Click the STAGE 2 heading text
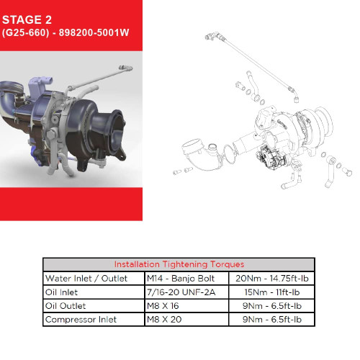coord(27,19)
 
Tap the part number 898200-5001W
coord(94,32)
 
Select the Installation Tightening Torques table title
coord(179,264)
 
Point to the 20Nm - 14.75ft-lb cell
coord(272,279)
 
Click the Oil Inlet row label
coord(61,292)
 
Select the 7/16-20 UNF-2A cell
coord(181,292)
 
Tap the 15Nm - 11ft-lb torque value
coord(272,292)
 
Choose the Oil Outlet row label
coord(66,306)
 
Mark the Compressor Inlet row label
coord(81,320)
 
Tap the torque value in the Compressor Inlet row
coord(272,320)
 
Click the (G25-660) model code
coord(26,32)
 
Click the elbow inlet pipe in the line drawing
coord(202,155)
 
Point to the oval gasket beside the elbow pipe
coord(230,154)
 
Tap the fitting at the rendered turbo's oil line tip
coord(126,68)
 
